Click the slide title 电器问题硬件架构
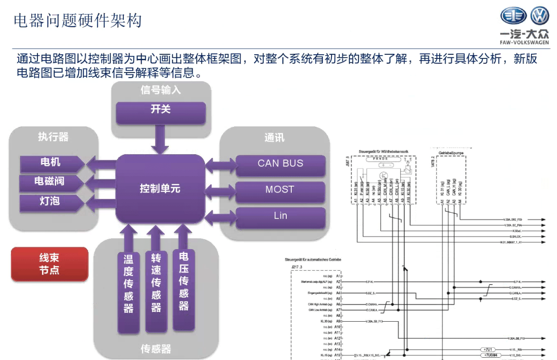[78, 21]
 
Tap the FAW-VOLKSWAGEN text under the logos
[525, 42]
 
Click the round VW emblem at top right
[540, 16]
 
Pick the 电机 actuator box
[50, 162]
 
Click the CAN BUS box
[280, 164]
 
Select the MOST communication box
[280, 190]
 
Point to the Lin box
[280, 216]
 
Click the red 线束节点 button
[49, 264]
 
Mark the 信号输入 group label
[161, 90]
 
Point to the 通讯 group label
[274, 137]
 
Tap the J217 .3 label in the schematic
[297, 266]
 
